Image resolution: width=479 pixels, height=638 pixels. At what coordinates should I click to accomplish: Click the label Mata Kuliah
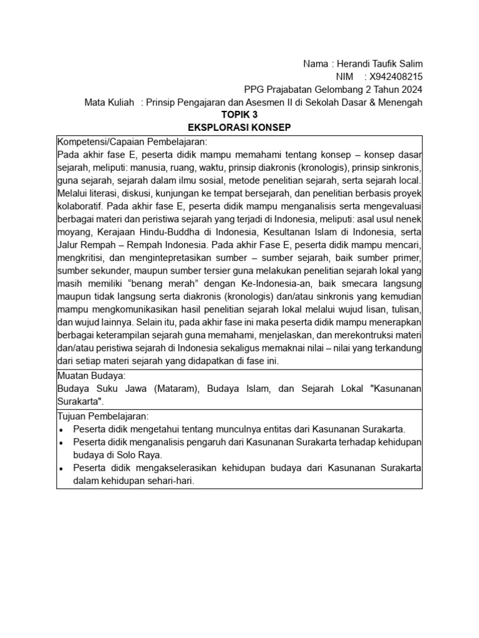(109, 103)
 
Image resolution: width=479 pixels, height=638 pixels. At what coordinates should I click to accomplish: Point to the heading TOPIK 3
(239, 115)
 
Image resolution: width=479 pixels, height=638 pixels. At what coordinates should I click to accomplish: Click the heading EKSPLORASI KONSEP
(239, 128)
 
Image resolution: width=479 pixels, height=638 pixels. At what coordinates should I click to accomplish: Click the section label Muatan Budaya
(91, 376)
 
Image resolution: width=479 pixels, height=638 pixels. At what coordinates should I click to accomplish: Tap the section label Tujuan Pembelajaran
(103, 416)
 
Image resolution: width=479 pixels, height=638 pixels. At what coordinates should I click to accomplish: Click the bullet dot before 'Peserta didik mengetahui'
(60, 429)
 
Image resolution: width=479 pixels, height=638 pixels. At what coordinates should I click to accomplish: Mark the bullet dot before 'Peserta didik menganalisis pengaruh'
(60, 442)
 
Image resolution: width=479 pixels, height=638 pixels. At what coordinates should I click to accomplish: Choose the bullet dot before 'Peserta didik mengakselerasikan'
(60, 468)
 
